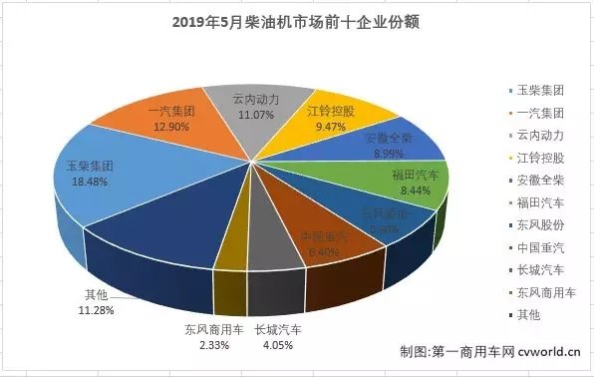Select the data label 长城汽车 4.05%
(x=278, y=336)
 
